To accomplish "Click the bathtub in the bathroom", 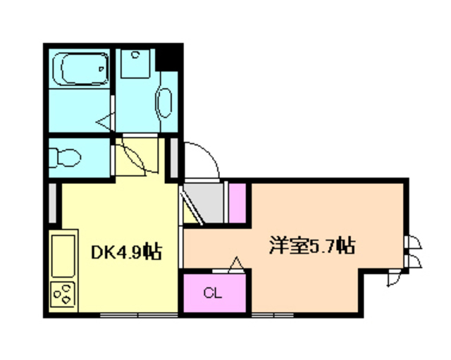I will (x=83, y=70).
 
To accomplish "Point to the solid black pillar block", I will (x=170, y=57).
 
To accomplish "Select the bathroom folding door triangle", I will (x=106, y=121).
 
